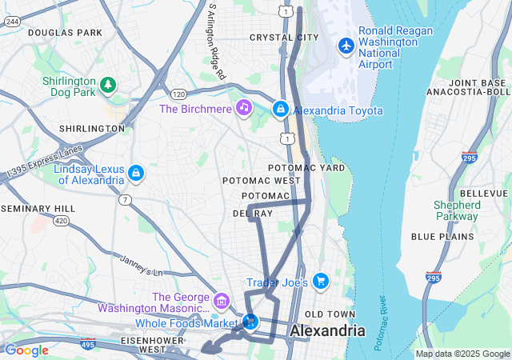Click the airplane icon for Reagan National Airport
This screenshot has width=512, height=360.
[x=346, y=46]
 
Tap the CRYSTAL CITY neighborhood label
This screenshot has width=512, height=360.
[x=278, y=38]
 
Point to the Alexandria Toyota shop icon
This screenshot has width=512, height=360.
[x=281, y=109]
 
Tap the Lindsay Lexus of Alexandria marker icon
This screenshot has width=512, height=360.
[x=136, y=173]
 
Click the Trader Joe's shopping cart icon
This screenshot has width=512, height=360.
[x=320, y=280]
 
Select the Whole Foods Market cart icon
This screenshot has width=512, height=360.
[x=250, y=322]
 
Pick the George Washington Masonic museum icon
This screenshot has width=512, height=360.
[x=222, y=302]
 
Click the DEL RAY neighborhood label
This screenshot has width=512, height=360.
[x=253, y=214]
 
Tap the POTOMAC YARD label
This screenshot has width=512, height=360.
[x=306, y=168]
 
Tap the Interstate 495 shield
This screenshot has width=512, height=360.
[x=87, y=345]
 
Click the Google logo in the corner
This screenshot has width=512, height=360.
[x=26, y=350]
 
